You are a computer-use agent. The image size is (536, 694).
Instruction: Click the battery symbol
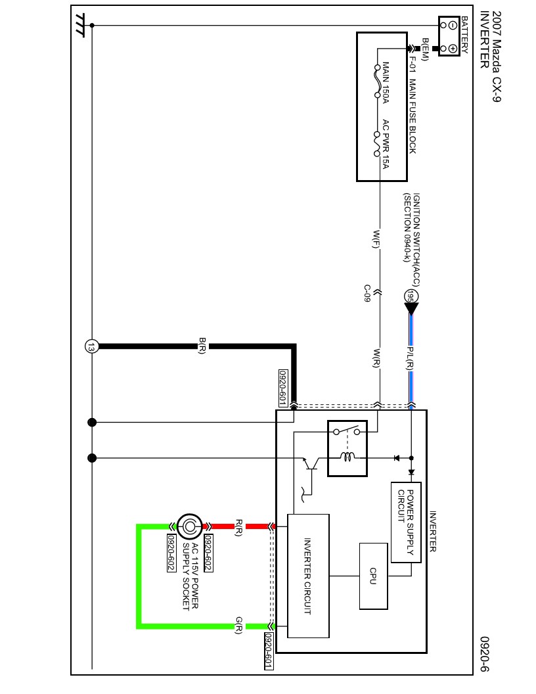pyautogui.click(x=449, y=36)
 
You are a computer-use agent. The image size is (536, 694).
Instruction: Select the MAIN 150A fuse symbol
pyautogui.click(x=377, y=81)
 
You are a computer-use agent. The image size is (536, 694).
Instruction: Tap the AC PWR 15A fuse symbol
pyautogui.click(x=377, y=144)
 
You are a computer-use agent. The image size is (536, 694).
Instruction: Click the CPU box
pyautogui.click(x=373, y=576)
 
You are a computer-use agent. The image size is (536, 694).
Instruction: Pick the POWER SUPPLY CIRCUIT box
pyautogui.click(x=406, y=522)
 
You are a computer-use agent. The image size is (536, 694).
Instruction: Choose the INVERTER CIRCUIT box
pyautogui.click(x=308, y=576)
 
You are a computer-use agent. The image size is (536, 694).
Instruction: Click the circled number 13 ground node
pyautogui.click(x=91, y=346)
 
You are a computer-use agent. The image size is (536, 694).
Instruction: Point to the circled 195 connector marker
pyautogui.click(x=411, y=296)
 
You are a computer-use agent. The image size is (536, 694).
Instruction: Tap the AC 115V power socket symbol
pyautogui.click(x=189, y=526)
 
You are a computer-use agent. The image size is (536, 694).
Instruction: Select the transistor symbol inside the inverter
pyautogui.click(x=311, y=463)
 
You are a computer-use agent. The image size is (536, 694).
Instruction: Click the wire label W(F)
pyautogui.click(x=376, y=239)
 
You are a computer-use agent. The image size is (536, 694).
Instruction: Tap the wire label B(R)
pyautogui.click(x=202, y=346)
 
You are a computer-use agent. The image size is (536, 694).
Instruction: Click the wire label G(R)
pyautogui.click(x=239, y=626)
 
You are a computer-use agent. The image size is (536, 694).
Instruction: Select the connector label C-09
pyautogui.click(x=367, y=294)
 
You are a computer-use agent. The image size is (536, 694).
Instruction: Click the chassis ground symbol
pyautogui.click(x=80, y=26)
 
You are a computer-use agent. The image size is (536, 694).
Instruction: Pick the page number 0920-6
pyautogui.click(x=485, y=654)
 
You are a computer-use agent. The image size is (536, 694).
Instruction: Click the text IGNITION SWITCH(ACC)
pyautogui.click(x=416, y=239)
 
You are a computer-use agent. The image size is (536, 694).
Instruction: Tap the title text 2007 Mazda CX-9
pyautogui.click(x=496, y=57)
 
